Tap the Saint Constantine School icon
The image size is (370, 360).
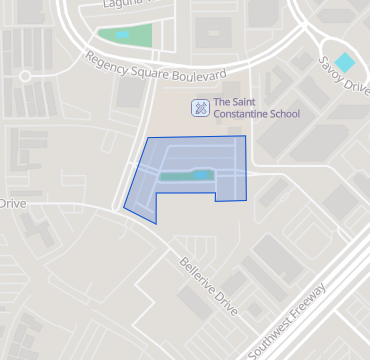click(x=200, y=107)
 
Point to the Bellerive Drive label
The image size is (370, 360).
click(x=210, y=288)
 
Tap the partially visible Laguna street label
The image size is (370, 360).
click(x=124, y=5)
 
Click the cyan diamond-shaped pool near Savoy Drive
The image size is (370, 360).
click(x=344, y=62)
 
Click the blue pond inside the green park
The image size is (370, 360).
click(x=122, y=35)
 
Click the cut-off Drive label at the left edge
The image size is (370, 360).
click(x=12, y=203)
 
